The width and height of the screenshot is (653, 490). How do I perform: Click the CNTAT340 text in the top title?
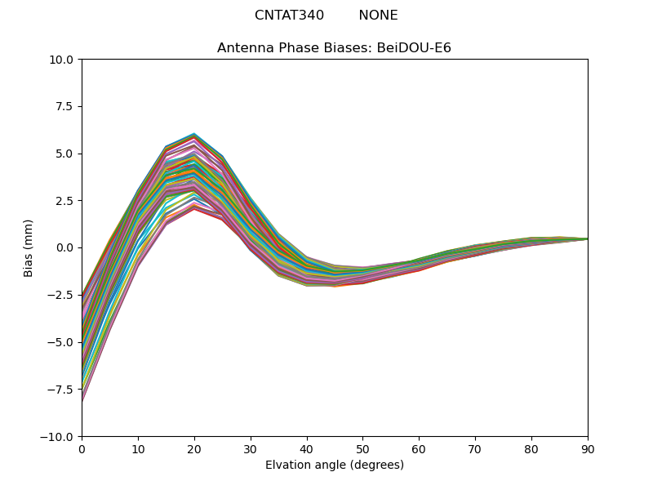(289, 16)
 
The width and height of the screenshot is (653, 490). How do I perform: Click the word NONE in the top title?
(378, 16)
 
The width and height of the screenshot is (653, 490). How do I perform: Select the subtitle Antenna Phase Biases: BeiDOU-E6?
(334, 48)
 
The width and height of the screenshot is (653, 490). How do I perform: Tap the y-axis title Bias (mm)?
(29, 247)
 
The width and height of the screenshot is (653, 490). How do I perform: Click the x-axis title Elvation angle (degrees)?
(334, 465)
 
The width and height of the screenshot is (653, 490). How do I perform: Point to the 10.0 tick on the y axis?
(64, 60)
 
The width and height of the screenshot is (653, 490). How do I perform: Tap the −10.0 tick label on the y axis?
(60, 437)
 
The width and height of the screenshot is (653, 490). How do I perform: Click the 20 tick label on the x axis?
(194, 448)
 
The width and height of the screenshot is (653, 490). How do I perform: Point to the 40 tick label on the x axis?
(307, 448)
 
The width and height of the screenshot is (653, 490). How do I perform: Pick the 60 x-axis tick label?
(419, 448)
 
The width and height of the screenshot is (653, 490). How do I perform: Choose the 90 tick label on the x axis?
(587, 448)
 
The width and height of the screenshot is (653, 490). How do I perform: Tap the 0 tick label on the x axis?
(82, 448)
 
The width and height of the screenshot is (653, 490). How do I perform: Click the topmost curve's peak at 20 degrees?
(194, 133)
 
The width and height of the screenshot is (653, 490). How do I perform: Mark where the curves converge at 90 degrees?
(587, 238)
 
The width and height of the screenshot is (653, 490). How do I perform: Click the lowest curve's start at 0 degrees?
(82, 401)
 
